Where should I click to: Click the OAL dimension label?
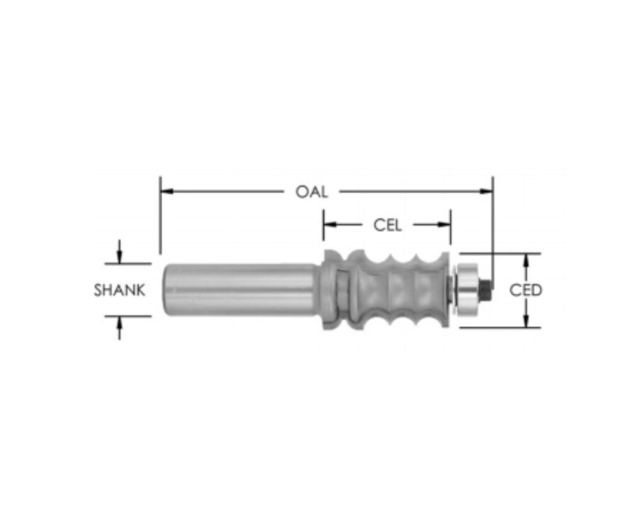click(x=311, y=191)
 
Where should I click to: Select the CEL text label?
click(x=387, y=225)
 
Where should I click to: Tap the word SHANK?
click(x=120, y=290)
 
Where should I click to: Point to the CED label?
click(x=525, y=290)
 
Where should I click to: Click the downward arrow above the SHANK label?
click(x=119, y=258)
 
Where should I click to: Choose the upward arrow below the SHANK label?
click(x=119, y=321)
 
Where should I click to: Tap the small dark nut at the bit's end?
click(x=486, y=287)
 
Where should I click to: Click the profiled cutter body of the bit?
click(x=388, y=290)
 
